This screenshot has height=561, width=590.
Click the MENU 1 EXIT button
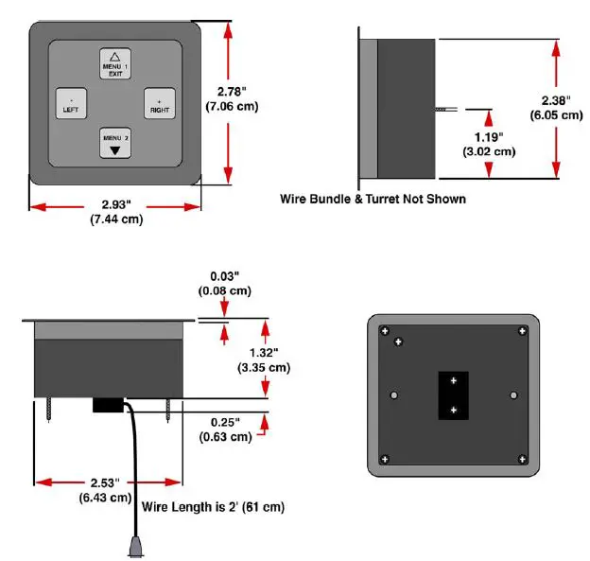(x=114, y=63)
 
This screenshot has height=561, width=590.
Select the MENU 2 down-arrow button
(x=114, y=143)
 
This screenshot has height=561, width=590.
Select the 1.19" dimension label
(x=488, y=142)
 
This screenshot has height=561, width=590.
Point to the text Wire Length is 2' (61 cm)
(x=213, y=507)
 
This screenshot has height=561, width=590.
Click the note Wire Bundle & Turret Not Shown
(x=373, y=200)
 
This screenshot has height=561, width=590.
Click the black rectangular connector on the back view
(x=453, y=394)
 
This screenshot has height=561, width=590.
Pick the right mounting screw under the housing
(x=168, y=408)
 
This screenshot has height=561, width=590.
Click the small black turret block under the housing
(x=108, y=405)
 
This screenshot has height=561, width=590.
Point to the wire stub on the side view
(x=443, y=111)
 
